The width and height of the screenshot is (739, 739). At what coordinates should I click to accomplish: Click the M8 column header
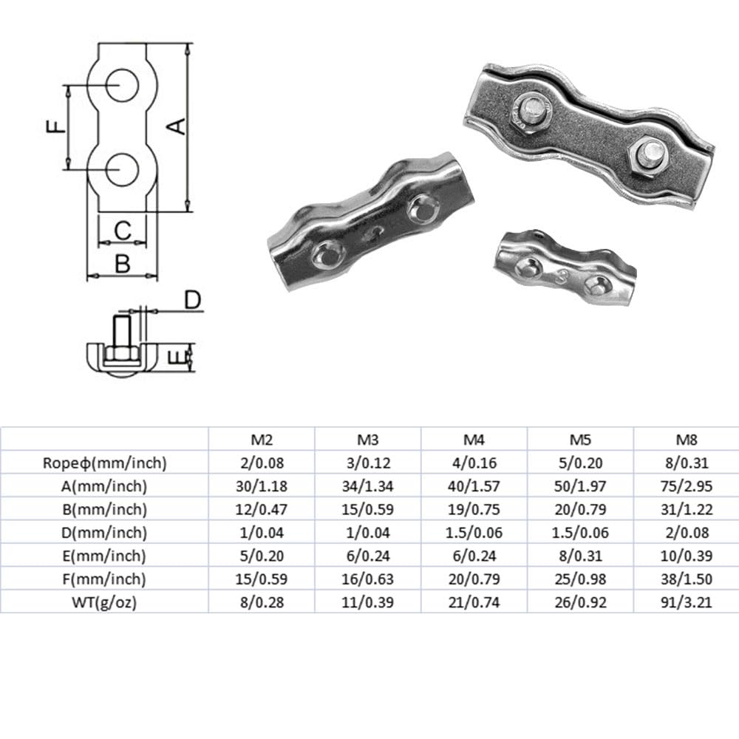click(x=687, y=440)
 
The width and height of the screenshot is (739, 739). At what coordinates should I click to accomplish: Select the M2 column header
click(x=262, y=440)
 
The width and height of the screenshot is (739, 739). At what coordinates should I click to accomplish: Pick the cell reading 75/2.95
click(x=687, y=486)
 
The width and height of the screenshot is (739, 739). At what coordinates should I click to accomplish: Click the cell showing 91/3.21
click(x=687, y=602)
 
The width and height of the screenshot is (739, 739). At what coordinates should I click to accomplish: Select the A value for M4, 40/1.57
click(x=474, y=486)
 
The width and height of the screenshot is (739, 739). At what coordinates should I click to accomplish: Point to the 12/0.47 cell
click(x=262, y=509)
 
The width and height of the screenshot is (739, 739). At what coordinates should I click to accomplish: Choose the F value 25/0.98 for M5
click(x=580, y=579)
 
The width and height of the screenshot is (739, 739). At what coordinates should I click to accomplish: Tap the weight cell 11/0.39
click(x=368, y=602)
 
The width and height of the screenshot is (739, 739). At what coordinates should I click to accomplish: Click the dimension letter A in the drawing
click(x=177, y=126)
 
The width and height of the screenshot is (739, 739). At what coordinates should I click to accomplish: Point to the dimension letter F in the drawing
click(x=56, y=127)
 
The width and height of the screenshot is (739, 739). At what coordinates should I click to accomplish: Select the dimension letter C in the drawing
click(x=123, y=231)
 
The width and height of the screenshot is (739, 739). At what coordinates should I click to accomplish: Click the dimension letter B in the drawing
click(x=123, y=262)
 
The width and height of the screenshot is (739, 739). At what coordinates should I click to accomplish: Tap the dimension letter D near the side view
click(x=192, y=299)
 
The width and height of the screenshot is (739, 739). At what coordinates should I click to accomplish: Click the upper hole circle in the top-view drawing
click(x=123, y=85)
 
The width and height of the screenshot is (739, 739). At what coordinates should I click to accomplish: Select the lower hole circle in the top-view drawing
click(x=123, y=170)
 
